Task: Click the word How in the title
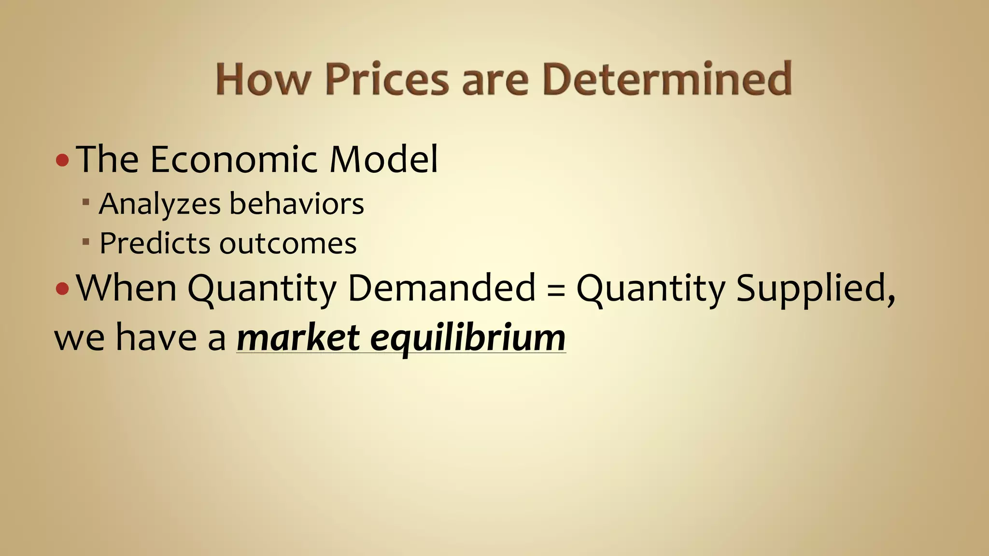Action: click(261, 79)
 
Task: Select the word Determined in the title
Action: click(666, 79)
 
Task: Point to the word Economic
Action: click(234, 159)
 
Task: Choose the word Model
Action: click(383, 159)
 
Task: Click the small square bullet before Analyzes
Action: click(86, 201)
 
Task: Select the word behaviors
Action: click(297, 204)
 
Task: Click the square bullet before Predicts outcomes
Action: click(86, 241)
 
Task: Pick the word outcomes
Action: click(288, 244)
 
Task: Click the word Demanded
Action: click(441, 288)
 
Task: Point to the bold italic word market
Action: click(298, 337)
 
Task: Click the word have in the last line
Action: click(156, 337)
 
